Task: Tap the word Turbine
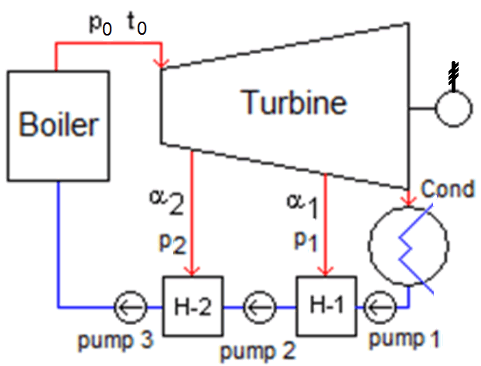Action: (293, 101)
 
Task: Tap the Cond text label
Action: (447, 189)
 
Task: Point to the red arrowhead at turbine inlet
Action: (162, 61)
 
